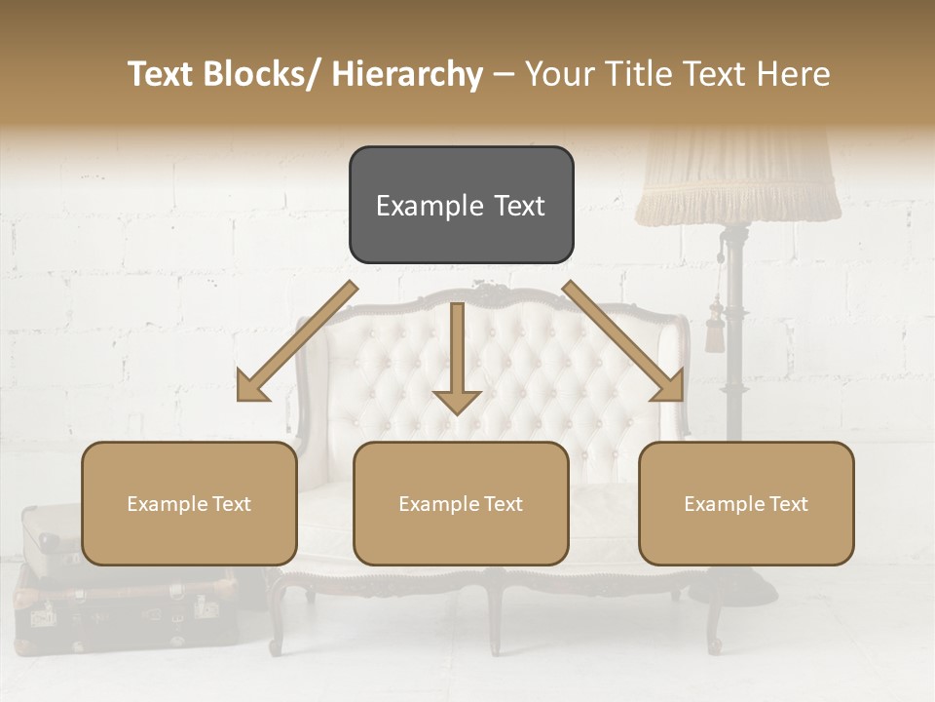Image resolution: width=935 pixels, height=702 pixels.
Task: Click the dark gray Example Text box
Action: (x=461, y=205)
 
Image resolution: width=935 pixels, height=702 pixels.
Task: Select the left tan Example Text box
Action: (x=189, y=503)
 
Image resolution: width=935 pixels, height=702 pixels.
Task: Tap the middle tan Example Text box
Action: (x=461, y=503)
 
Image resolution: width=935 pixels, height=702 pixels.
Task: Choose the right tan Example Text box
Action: (x=746, y=503)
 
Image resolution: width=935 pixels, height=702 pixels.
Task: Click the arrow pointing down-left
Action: (x=294, y=343)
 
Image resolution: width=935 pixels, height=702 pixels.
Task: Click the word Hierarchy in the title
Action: (x=407, y=75)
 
